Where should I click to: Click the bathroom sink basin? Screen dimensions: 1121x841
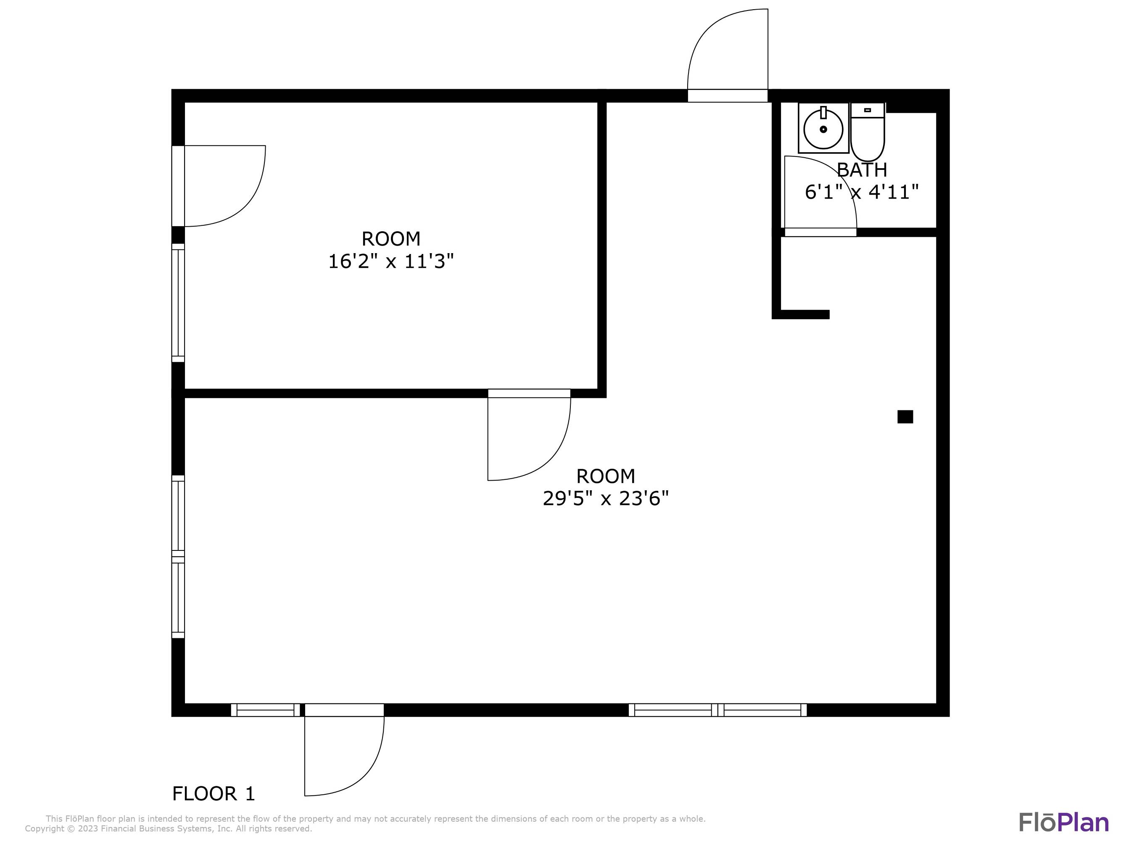tap(823, 129)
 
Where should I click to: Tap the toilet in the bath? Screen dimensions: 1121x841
tap(868, 132)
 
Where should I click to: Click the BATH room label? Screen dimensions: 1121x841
tap(862, 170)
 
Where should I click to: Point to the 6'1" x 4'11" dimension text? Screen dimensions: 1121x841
tap(862, 192)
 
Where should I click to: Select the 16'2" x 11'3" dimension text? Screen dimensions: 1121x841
tap(391, 262)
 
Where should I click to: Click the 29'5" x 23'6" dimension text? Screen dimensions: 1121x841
tap(606, 499)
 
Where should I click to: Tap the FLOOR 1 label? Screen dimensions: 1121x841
tap(214, 794)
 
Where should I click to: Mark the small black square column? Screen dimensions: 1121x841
tap(905, 417)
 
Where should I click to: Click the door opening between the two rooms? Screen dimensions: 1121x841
tap(529, 394)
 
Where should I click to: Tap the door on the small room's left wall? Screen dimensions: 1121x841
tap(178, 186)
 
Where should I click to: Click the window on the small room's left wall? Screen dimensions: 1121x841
tap(178, 303)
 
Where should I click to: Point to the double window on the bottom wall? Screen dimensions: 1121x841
tap(717, 710)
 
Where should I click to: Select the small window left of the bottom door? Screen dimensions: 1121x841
tap(266, 710)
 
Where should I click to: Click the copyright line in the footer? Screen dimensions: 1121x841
tap(168, 829)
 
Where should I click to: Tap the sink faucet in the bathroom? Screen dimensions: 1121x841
tap(823, 113)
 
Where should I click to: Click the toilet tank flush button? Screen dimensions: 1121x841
tap(867, 110)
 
